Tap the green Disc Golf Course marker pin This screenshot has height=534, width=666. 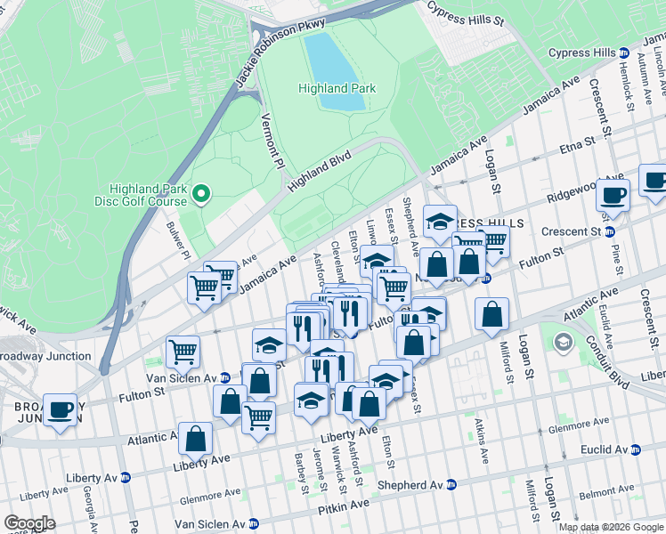pyautogui.click(x=202, y=192)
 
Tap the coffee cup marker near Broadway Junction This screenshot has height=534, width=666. pyautogui.click(x=60, y=410)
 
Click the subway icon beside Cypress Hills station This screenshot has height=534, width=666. pyautogui.click(x=624, y=53)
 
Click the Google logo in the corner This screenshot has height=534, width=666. pyautogui.click(x=29, y=523)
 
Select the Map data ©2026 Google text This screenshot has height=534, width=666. pyautogui.click(x=611, y=527)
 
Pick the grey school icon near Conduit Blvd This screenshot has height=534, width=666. pyautogui.click(x=563, y=342)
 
